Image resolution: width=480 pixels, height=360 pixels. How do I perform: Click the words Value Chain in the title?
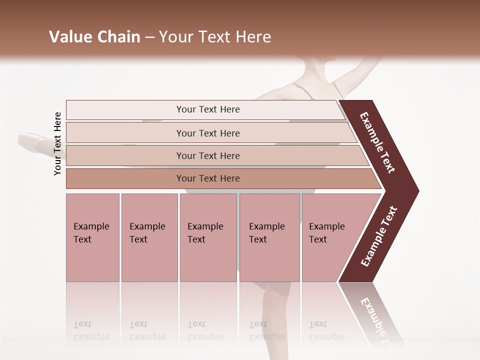coord(94,37)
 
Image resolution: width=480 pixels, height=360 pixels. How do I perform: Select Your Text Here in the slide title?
coord(215,37)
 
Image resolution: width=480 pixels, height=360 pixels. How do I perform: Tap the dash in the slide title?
coord(149,37)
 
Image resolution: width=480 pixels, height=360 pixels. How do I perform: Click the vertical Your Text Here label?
coord(57,143)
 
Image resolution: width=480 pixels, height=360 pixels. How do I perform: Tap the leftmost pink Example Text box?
coord(92,237)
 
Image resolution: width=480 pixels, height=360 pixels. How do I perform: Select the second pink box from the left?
coord(149,237)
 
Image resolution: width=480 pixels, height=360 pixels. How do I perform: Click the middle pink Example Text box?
coord(208,237)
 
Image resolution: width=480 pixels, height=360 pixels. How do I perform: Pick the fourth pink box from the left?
coord(269,237)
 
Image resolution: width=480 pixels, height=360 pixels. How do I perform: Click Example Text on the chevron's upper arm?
coord(377,142)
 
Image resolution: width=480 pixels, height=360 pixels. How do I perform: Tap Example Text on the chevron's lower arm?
coord(379,236)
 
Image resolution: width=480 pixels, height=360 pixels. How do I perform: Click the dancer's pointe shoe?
coord(33,139)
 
